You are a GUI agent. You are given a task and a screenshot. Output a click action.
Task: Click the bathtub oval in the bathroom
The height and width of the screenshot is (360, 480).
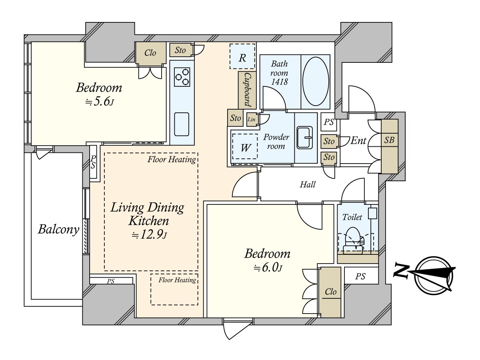point(316,81)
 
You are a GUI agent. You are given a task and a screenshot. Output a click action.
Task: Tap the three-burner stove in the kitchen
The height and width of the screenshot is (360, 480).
point(182,77)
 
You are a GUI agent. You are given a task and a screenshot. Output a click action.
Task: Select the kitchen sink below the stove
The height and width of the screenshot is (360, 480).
point(182,124)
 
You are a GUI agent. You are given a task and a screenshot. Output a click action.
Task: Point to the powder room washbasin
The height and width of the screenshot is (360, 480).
point(304,138)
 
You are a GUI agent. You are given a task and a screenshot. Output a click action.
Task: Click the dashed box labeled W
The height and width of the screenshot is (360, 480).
point(245,146)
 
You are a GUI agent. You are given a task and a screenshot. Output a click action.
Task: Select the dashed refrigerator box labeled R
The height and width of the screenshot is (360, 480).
point(242,56)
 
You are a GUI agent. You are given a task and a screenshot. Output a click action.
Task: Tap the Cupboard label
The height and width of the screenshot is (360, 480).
point(247,90)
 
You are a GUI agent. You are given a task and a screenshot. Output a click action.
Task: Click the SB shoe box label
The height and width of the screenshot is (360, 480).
point(389,140)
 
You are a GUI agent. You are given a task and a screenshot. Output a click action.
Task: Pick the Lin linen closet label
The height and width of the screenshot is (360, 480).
point(252,119)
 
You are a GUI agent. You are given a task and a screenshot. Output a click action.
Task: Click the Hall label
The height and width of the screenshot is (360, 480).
point(308,185)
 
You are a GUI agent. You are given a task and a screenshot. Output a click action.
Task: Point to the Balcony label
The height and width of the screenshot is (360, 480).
point(59,230)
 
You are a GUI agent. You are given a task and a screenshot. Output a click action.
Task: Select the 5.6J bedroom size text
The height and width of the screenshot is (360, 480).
point(100,102)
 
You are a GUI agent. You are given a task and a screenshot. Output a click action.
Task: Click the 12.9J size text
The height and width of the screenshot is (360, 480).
point(149,235)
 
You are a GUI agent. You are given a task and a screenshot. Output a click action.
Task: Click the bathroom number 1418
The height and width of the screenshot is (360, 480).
point(280,82)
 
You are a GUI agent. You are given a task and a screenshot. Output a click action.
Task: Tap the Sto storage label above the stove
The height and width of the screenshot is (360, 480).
point(180,50)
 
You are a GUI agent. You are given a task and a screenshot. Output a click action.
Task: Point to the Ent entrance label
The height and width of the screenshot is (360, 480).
point(358,140)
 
